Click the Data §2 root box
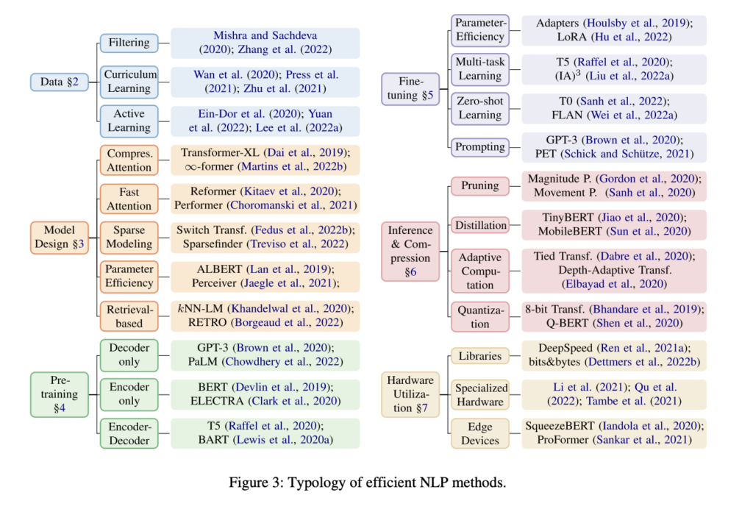point(59,82)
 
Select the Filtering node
point(129,43)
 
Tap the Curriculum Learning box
point(129,82)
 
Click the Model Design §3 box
point(59,238)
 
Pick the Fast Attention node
point(129,199)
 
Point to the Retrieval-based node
point(129,316)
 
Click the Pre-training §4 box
point(59,394)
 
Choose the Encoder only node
point(129,394)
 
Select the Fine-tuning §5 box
point(412,88)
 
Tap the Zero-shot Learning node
point(480,108)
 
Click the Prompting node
point(480,146)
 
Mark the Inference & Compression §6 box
point(410,251)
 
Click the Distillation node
point(480,225)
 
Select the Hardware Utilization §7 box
point(410,394)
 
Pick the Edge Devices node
point(480,433)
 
